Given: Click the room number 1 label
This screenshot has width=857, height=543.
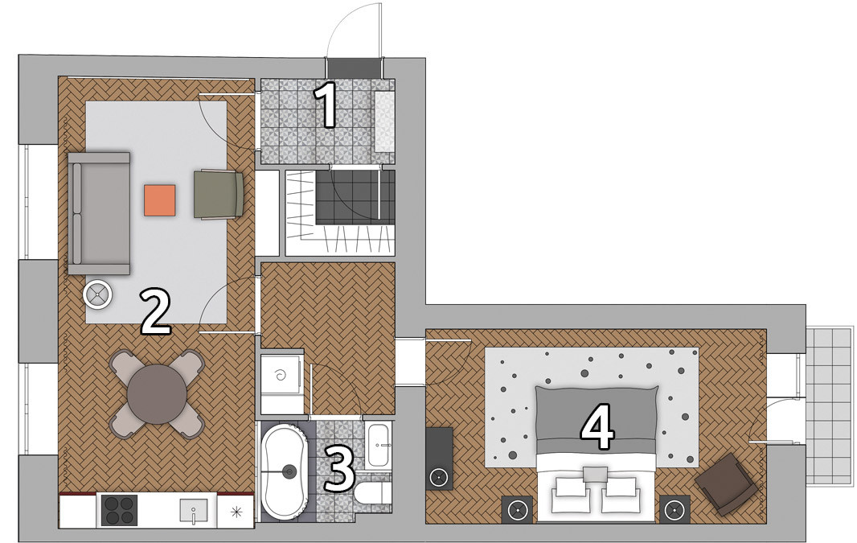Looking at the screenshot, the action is pyautogui.click(x=327, y=105).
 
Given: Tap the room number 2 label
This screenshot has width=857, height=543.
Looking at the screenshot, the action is pyautogui.click(x=156, y=311).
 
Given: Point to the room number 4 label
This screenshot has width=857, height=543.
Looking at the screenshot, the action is pyautogui.click(x=597, y=430).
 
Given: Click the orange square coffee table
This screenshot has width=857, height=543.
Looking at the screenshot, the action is pyautogui.click(x=160, y=200).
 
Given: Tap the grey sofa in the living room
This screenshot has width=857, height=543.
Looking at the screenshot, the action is pyautogui.click(x=99, y=212).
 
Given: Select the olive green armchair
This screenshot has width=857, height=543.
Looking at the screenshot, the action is pyautogui.click(x=219, y=195).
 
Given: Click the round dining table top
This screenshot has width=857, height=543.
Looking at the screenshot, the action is pyautogui.click(x=157, y=393).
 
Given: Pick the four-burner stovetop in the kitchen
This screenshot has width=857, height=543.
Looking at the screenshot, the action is pyautogui.click(x=120, y=510).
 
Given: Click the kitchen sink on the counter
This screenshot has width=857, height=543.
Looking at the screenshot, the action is pyautogui.click(x=194, y=512).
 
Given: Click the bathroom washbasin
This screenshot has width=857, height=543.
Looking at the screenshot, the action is pyautogui.click(x=378, y=445).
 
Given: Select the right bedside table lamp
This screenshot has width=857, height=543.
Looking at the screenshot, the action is pyautogui.click(x=675, y=511).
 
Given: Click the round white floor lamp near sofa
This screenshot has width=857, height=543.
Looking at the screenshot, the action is pyautogui.click(x=98, y=295).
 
